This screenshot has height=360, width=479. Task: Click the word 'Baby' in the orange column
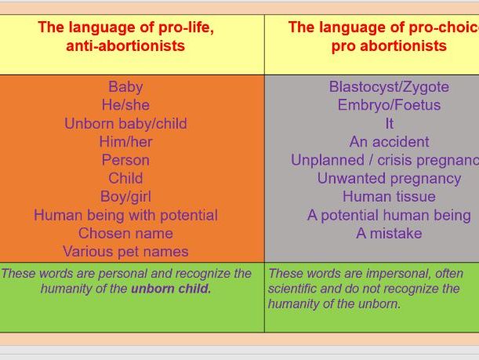(x=125, y=87)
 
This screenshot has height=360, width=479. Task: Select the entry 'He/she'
(x=125, y=105)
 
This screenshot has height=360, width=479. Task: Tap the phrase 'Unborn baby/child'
(x=125, y=124)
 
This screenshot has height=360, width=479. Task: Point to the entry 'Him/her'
(x=125, y=142)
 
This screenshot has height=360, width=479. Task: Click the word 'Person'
(x=125, y=160)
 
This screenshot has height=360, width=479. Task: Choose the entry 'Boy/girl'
(x=125, y=197)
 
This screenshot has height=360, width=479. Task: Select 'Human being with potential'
(x=125, y=215)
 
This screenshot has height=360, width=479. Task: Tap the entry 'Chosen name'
(x=125, y=234)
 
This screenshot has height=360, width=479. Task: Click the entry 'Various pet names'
(x=125, y=252)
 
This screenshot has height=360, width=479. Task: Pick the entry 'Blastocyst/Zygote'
(x=389, y=87)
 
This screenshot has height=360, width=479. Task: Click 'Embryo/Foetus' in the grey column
(x=389, y=105)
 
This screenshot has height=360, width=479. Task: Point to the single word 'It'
(x=389, y=124)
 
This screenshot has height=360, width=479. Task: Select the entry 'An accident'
(x=389, y=142)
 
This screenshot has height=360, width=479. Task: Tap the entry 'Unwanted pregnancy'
(x=389, y=179)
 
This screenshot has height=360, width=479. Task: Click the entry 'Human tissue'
(x=389, y=197)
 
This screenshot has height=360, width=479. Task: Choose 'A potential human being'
(x=389, y=215)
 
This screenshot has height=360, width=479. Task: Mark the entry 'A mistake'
(x=389, y=234)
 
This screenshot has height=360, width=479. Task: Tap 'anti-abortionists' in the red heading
(x=125, y=45)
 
